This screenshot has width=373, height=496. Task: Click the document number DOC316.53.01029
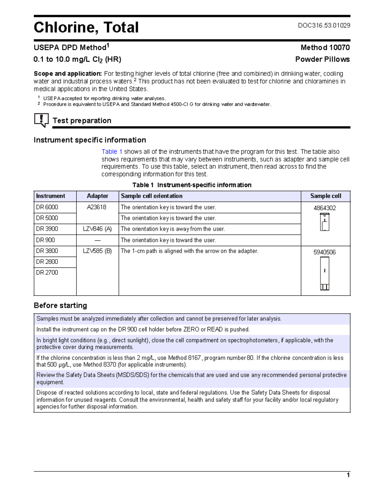point(324,25)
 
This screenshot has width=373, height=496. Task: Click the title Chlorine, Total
point(86,27)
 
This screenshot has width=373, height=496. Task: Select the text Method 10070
point(325,48)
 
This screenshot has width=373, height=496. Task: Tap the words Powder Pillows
point(322,59)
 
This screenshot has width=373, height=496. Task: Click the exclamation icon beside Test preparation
point(41,120)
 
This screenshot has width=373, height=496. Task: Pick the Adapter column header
point(97,196)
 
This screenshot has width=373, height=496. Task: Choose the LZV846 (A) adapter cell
point(97,229)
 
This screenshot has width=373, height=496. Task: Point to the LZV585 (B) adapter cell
point(97,251)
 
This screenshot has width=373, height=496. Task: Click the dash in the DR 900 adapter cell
point(97,240)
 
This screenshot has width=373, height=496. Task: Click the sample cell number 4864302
point(325,208)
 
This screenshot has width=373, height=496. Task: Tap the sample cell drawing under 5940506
point(325,274)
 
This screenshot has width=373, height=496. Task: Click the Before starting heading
point(60,305)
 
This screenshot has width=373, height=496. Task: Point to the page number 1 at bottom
point(348,475)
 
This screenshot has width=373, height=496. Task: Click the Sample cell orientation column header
point(151,196)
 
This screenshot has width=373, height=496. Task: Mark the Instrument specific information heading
point(90,140)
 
